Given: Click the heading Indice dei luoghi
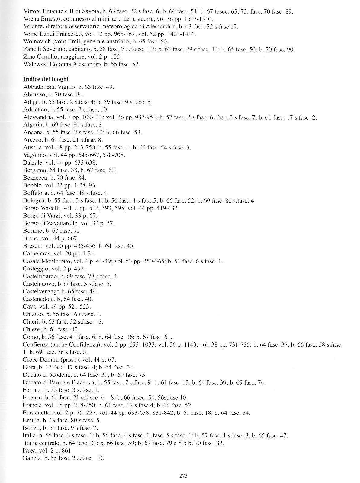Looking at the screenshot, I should pyautogui.click(x=46, y=79).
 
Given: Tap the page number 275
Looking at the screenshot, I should pyautogui.click(x=183, y=476).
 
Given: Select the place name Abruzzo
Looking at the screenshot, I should pyautogui.click(x=32, y=94).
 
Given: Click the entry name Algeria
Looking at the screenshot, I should pyautogui.click(x=31, y=125).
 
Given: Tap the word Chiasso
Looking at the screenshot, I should pyautogui.click(x=32, y=314).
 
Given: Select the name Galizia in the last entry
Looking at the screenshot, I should pyautogui.click(x=31, y=458).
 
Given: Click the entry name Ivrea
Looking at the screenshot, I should pyautogui.click(x=29, y=451).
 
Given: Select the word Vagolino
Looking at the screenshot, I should pyautogui.click(x=33, y=155).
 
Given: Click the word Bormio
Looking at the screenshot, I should pyautogui.click(x=31, y=231).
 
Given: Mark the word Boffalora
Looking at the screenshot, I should pyautogui.click(x=34, y=193).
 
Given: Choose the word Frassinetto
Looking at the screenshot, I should pyautogui.click(x=37, y=413).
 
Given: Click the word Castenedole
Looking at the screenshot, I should pyautogui.click(x=37, y=299).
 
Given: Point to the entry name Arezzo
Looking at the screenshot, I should pyautogui.click(x=31, y=140).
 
